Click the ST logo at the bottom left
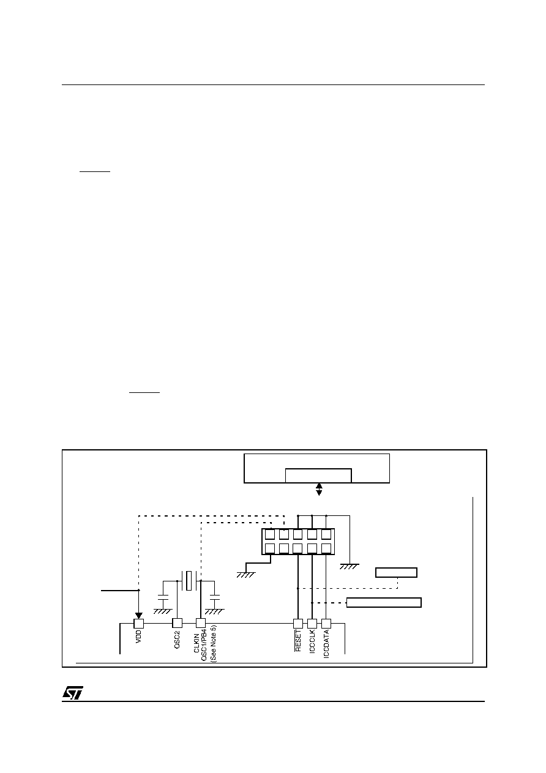[x=72, y=692]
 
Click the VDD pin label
[x=139, y=637]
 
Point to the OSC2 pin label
[x=177, y=640]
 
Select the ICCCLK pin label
[x=312, y=641]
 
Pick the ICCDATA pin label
[x=326, y=644]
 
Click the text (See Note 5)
[x=213, y=643]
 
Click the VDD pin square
[x=139, y=623]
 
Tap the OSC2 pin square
[x=177, y=623]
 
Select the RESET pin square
[x=298, y=623]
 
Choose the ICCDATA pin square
[x=326, y=623]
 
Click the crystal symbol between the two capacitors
[x=189, y=581]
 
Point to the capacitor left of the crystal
[x=163, y=597]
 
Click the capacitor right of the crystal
[x=214, y=597]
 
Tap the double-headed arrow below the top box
[x=320, y=490]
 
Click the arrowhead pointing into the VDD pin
[x=139, y=616]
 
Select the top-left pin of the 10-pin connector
[x=270, y=534]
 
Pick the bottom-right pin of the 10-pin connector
[x=326, y=548]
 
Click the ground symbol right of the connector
[x=350, y=566]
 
